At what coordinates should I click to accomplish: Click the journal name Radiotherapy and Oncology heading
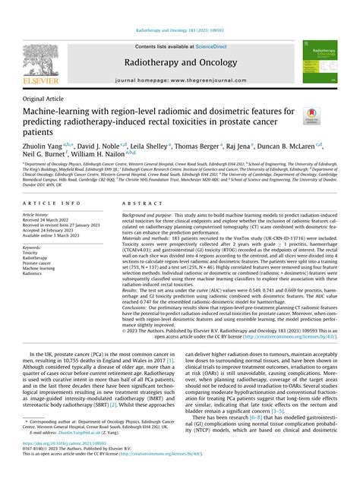179,65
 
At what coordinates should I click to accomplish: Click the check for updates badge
311,117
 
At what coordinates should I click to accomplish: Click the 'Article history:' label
39,216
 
